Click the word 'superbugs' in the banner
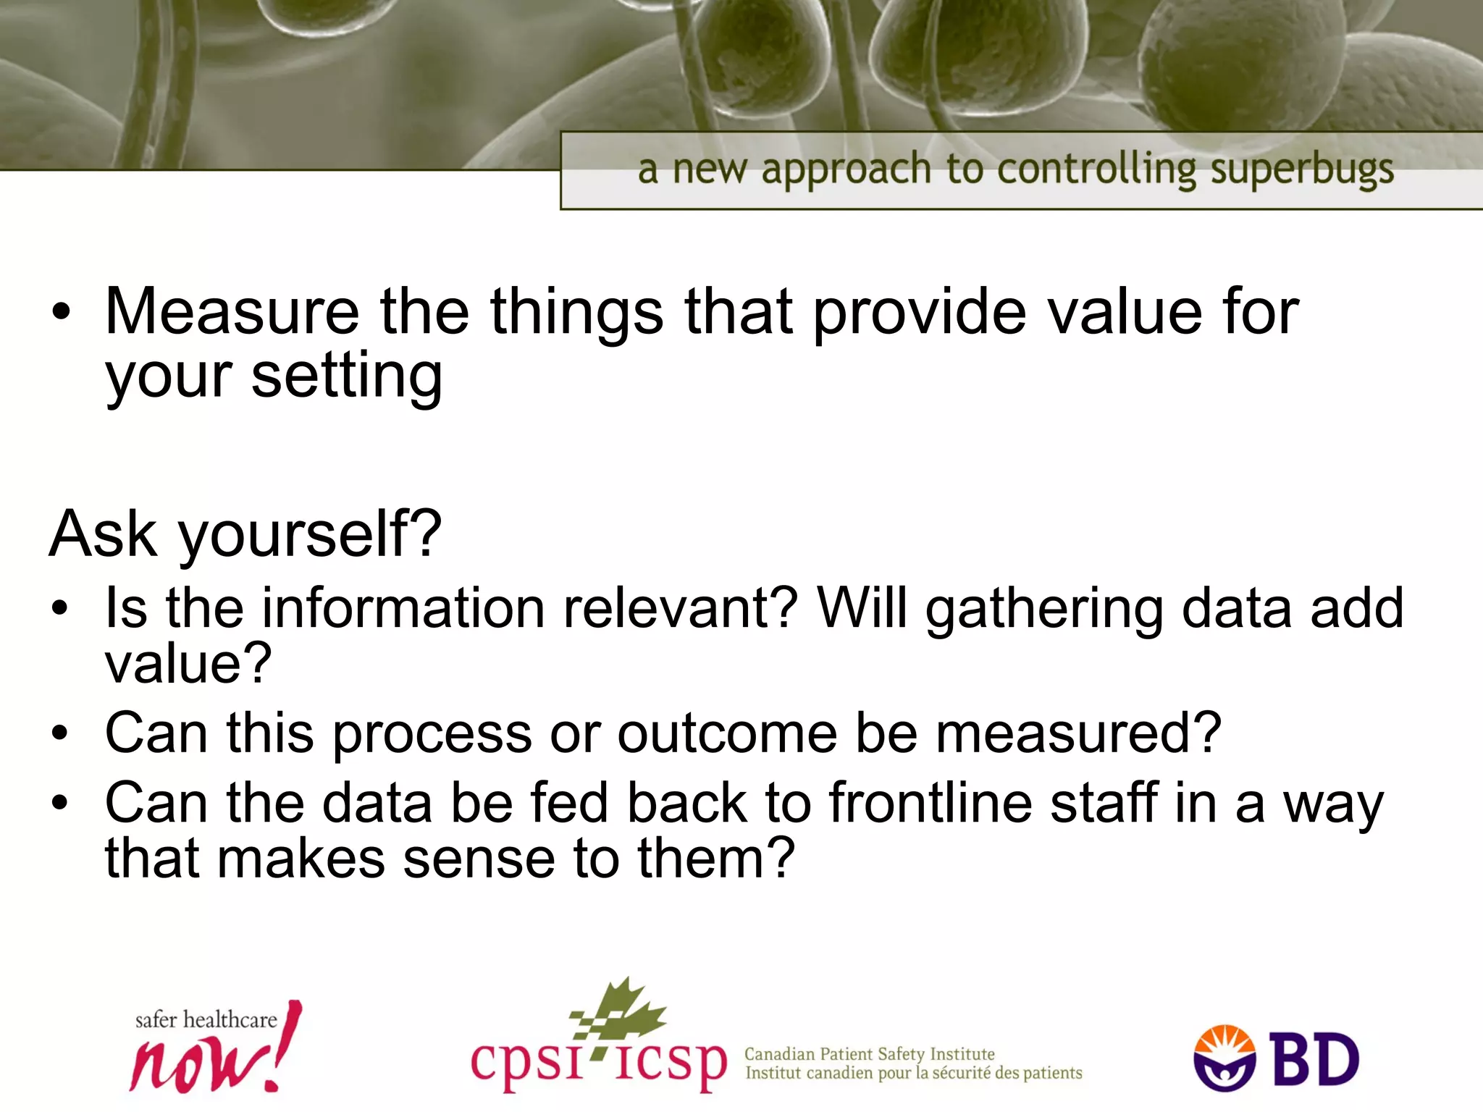1301,171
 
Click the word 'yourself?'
310,534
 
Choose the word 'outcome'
726,733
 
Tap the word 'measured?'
1078,733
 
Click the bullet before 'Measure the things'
62,312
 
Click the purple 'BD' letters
1316,1060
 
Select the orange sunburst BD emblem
1224,1058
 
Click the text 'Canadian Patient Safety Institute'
869,1054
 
